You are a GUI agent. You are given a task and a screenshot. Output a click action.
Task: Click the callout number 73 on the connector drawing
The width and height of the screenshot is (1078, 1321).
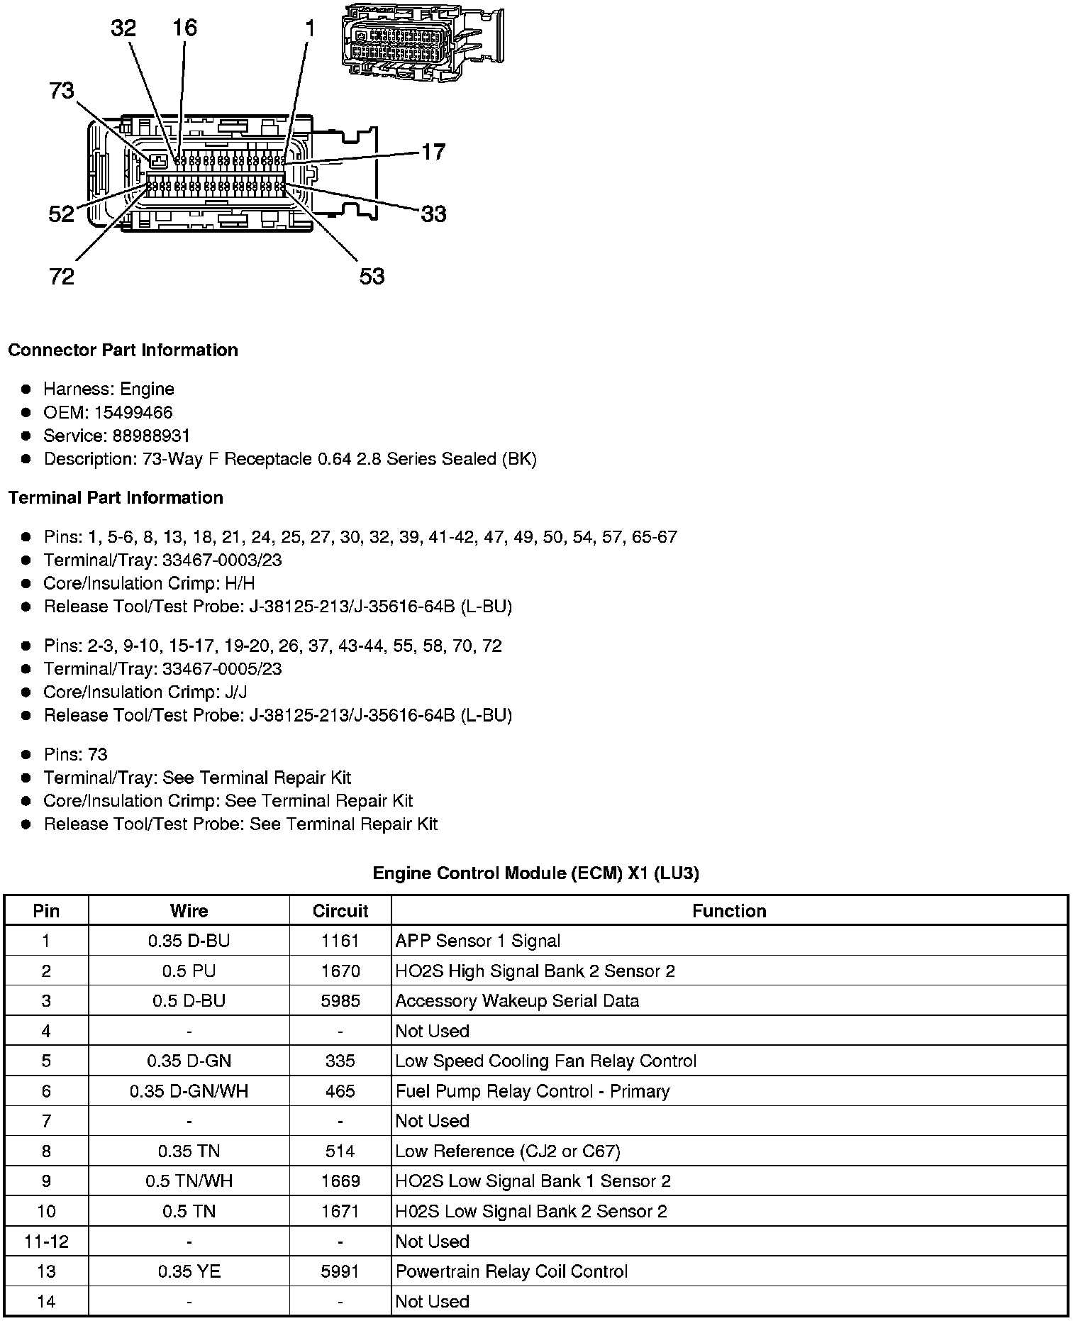62,91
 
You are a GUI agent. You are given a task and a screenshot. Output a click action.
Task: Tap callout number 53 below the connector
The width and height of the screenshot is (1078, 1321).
372,276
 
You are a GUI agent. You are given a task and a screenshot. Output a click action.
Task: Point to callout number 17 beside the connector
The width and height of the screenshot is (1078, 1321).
433,152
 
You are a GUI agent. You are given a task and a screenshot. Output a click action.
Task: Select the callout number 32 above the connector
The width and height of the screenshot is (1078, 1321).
123,28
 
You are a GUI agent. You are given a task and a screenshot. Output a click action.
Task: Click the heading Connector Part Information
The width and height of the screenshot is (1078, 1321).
123,350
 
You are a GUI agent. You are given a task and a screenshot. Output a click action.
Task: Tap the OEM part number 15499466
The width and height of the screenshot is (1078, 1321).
133,412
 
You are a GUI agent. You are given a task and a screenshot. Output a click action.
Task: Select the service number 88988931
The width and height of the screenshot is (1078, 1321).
151,436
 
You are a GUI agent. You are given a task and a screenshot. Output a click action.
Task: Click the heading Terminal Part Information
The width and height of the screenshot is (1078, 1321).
116,498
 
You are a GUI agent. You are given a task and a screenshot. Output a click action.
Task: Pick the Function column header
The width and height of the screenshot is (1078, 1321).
729,911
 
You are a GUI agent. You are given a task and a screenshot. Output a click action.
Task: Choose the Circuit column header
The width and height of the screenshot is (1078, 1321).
340,911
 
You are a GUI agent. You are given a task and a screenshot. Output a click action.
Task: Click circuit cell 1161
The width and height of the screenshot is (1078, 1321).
340,941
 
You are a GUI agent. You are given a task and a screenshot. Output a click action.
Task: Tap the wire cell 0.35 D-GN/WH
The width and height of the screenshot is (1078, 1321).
189,1091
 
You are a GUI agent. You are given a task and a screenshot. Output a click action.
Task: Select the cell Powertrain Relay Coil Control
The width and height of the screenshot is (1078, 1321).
511,1271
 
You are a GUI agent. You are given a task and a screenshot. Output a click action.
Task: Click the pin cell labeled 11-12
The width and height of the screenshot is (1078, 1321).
46,1242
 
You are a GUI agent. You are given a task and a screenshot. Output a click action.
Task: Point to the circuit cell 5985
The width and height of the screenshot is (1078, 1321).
340,1001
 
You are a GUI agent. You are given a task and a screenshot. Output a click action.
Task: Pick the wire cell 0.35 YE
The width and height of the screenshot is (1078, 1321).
189,1271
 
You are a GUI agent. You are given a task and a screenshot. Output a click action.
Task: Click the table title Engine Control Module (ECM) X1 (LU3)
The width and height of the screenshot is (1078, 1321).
535,873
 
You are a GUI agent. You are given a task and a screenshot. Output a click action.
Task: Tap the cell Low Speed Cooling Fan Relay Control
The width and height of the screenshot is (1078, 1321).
545,1061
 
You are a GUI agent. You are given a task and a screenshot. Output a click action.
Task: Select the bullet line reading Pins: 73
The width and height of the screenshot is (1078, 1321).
75,754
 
